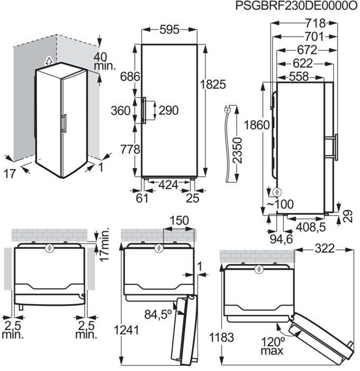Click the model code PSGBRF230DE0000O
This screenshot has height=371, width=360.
coord(290,7)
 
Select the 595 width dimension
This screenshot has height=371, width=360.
coord(169,30)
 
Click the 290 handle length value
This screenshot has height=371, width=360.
coord(168,110)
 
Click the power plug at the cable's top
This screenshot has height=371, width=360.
coord(228,110)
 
